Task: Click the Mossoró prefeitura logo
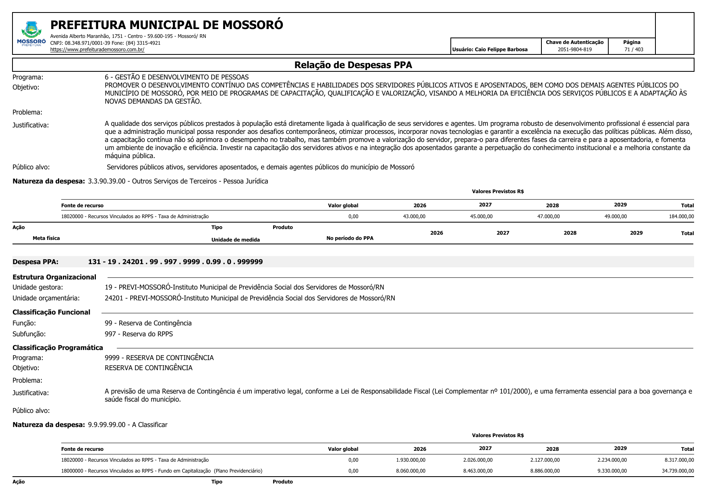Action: tap(31, 34)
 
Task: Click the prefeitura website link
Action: tap(97, 50)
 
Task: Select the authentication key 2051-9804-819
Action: tap(574, 50)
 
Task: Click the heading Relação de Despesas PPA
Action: tap(353, 65)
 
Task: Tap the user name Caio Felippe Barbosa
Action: tap(501, 50)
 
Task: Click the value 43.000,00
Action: tap(414, 217)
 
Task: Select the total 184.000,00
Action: tap(681, 217)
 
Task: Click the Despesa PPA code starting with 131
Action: tap(175, 262)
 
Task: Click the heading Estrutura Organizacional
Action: tap(54, 277)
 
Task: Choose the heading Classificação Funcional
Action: tap(51, 312)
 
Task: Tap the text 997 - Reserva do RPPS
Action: tap(139, 334)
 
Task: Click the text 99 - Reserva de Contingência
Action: tap(148, 323)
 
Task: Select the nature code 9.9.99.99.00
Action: tap(107, 425)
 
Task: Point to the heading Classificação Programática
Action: tap(58, 348)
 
